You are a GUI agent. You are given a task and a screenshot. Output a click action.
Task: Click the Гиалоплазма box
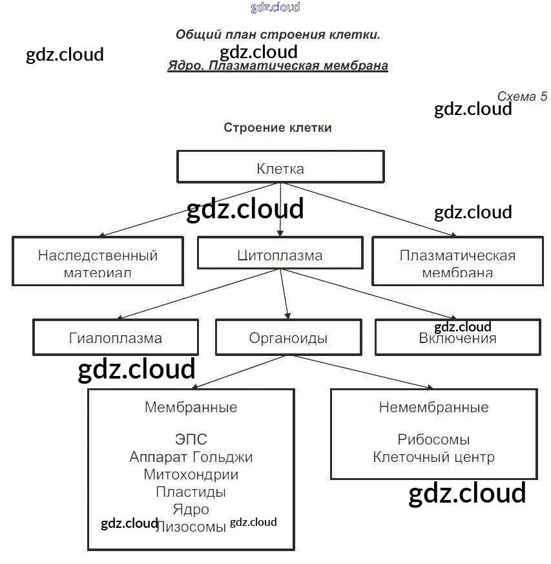[x=116, y=338]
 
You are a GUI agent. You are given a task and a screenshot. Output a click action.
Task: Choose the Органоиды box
[x=288, y=338]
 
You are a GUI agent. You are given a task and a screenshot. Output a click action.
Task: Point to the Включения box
[x=457, y=338]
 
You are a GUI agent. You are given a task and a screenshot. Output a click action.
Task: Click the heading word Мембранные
[x=191, y=408]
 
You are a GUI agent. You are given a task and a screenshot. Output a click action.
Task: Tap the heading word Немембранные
[x=433, y=408]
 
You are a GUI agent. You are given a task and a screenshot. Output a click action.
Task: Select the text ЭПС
[x=191, y=440]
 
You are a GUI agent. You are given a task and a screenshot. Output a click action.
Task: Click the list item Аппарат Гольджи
[x=191, y=457]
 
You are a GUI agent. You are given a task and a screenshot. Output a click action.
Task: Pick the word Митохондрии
[x=191, y=475]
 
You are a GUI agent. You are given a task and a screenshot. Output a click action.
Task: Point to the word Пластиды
[x=191, y=492]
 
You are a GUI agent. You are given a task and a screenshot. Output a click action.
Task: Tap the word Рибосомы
[x=433, y=440]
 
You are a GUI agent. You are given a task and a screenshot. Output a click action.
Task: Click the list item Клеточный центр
[x=433, y=457]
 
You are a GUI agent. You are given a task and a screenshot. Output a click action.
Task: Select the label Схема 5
[x=522, y=96]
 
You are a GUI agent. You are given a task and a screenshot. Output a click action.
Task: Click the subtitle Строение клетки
[x=278, y=127]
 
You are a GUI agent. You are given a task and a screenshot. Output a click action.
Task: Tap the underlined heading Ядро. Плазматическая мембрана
[x=278, y=66]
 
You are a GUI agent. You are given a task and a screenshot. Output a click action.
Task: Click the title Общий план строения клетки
[x=278, y=34]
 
